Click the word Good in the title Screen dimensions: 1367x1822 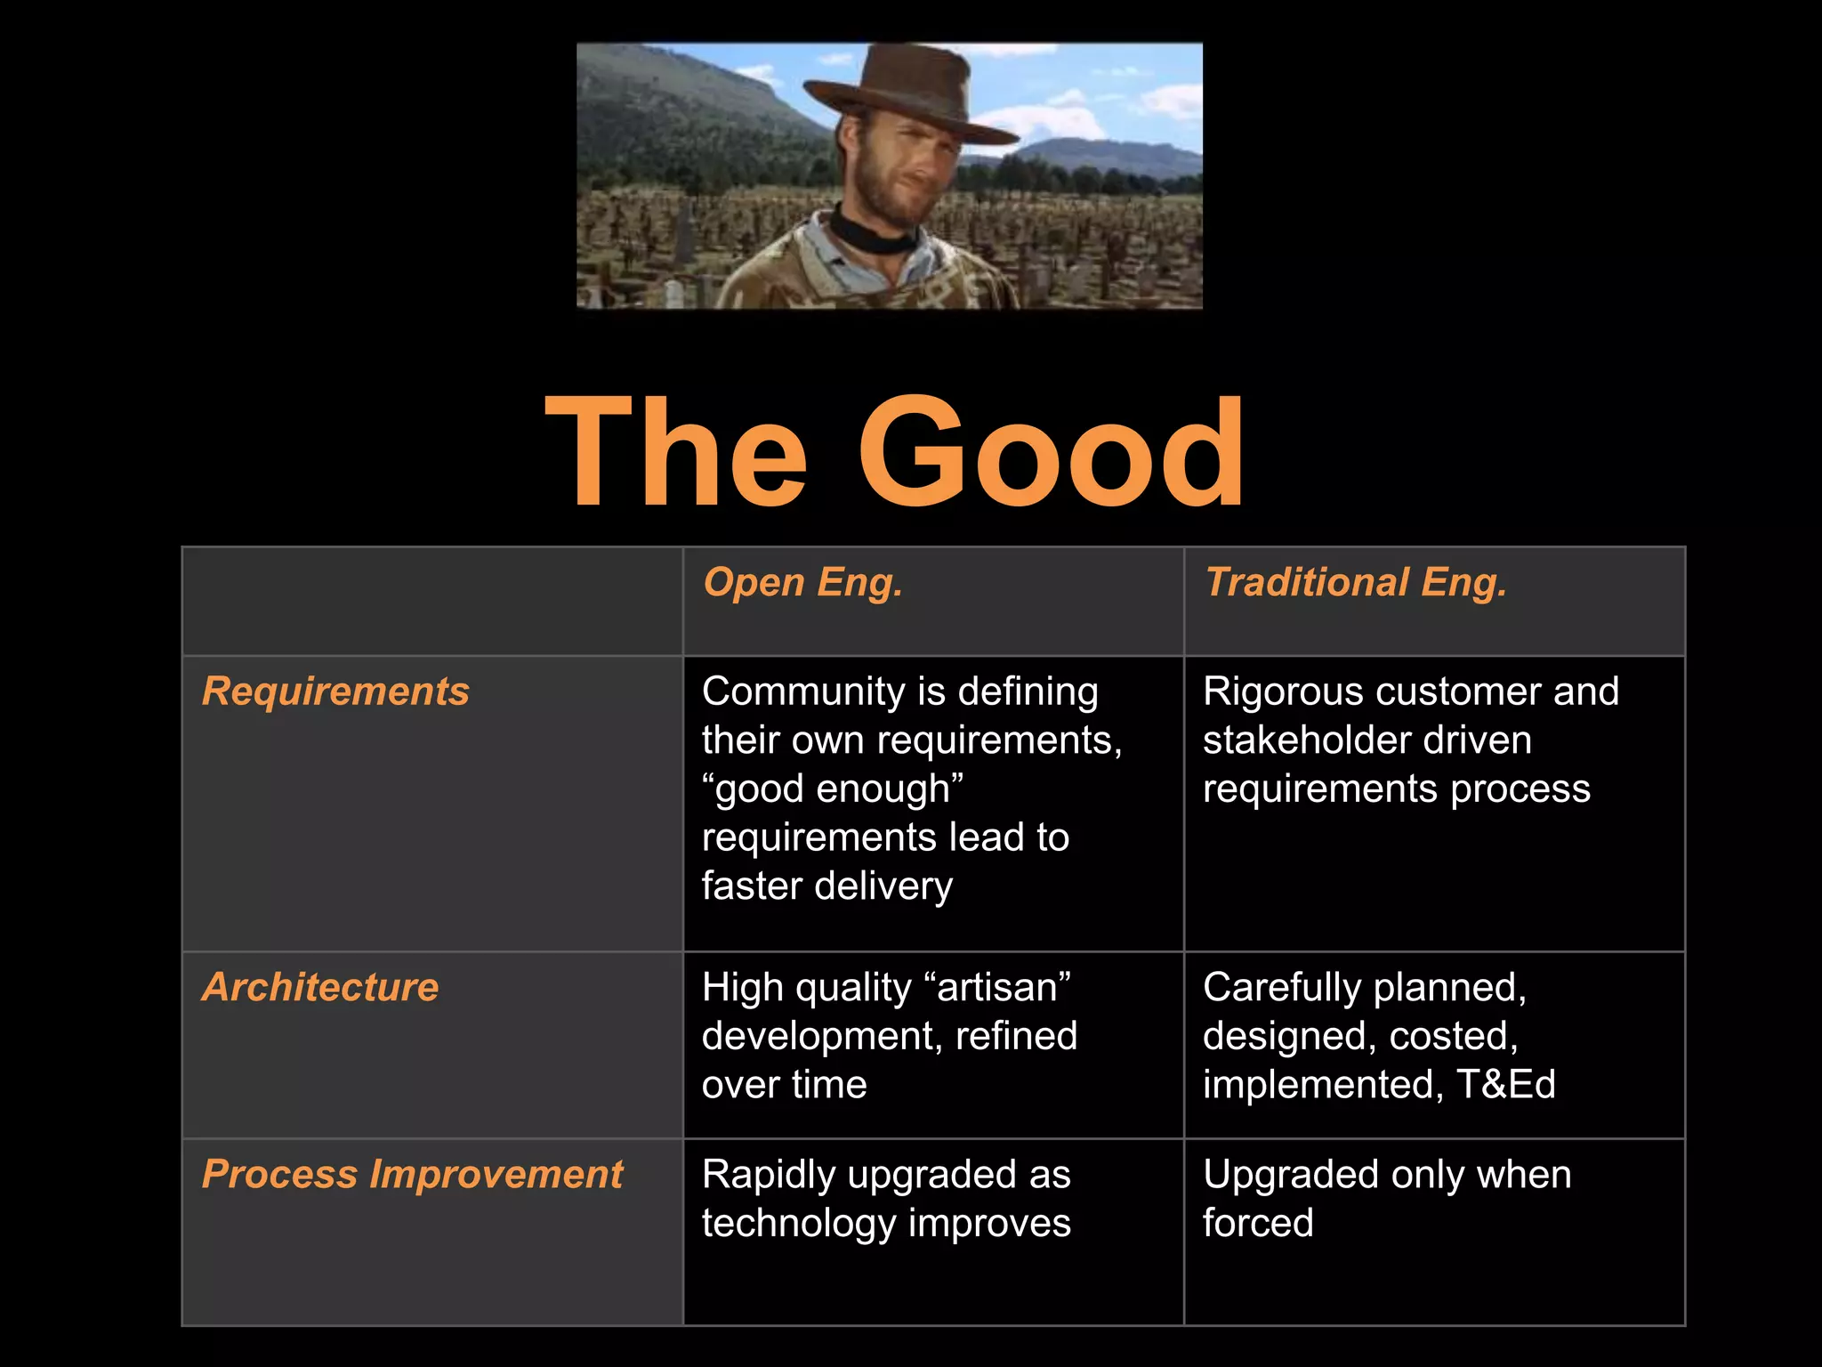pyautogui.click(x=1052, y=453)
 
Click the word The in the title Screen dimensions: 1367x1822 pyautogui.click(x=676, y=453)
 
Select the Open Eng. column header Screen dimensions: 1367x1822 pyautogui.click(x=802, y=583)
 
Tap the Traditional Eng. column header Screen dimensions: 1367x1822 pyautogui.click(x=1355, y=583)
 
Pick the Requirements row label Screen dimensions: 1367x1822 pyautogui.click(x=335, y=692)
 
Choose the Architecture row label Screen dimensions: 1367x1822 pyautogui.click(x=320, y=987)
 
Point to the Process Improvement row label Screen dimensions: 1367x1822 pyautogui.click(x=413, y=1174)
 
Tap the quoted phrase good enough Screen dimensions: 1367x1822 pyautogui.click(x=833, y=789)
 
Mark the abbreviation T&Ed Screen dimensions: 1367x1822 pyautogui.click(x=1506, y=1085)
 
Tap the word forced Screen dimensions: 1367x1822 pyautogui.click(x=1258, y=1223)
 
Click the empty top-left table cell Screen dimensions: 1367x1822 pyautogui.click(x=432, y=602)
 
